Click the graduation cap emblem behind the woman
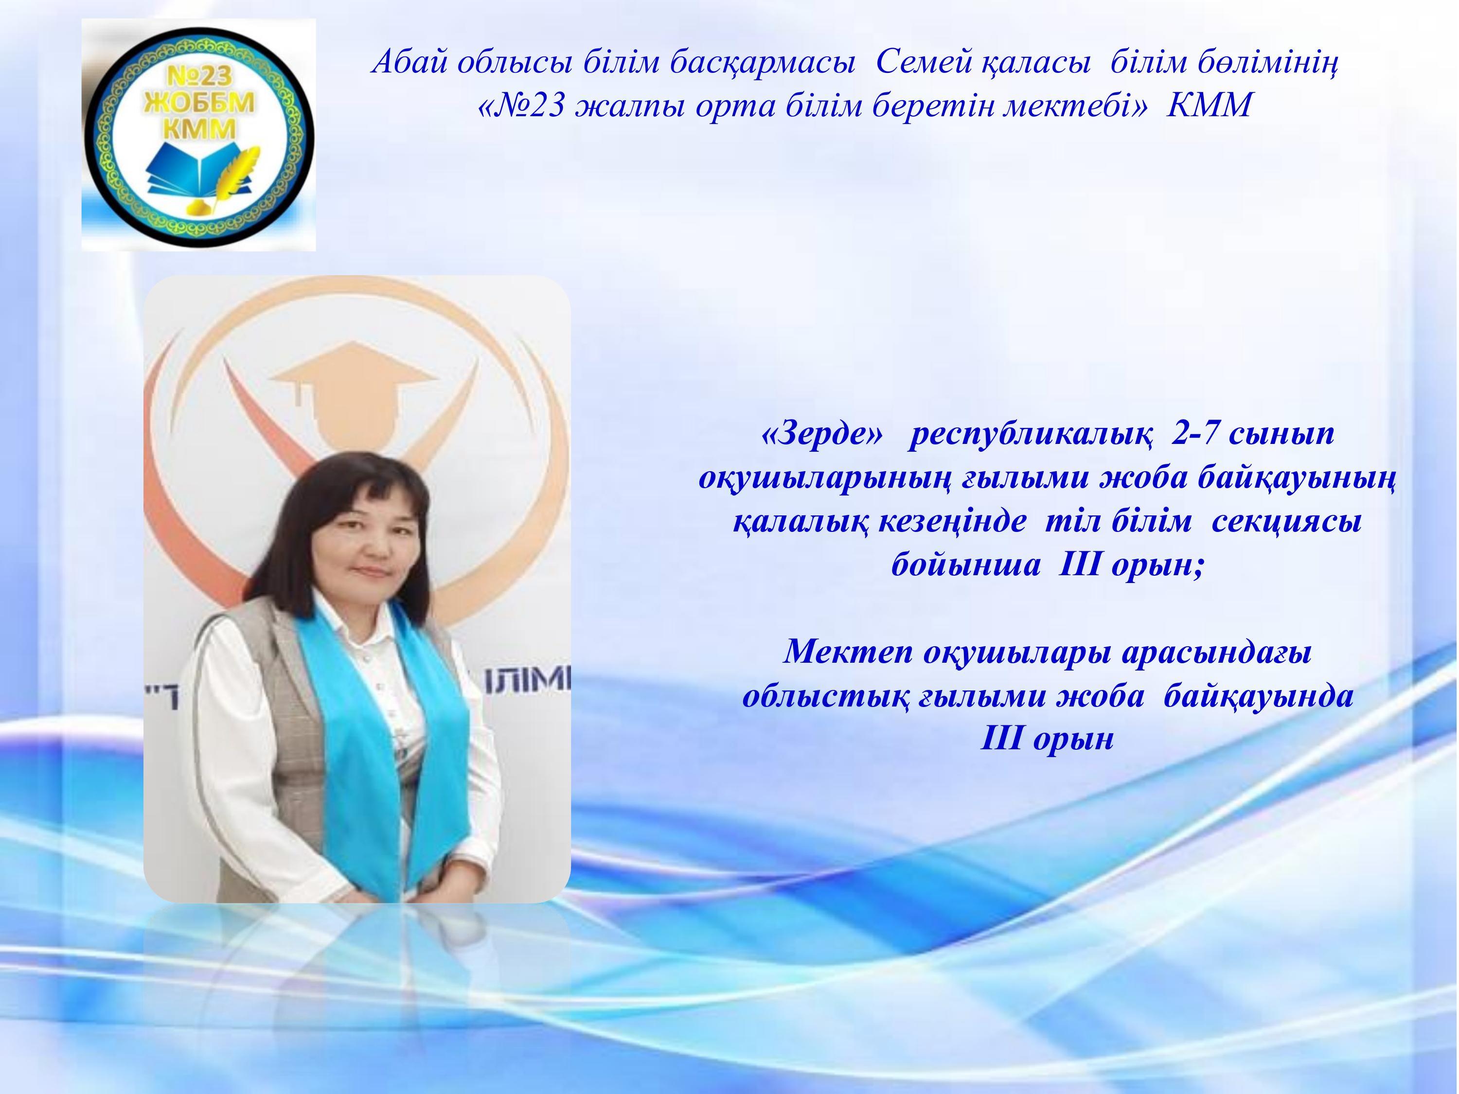[353, 392]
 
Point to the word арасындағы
[1216, 653]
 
